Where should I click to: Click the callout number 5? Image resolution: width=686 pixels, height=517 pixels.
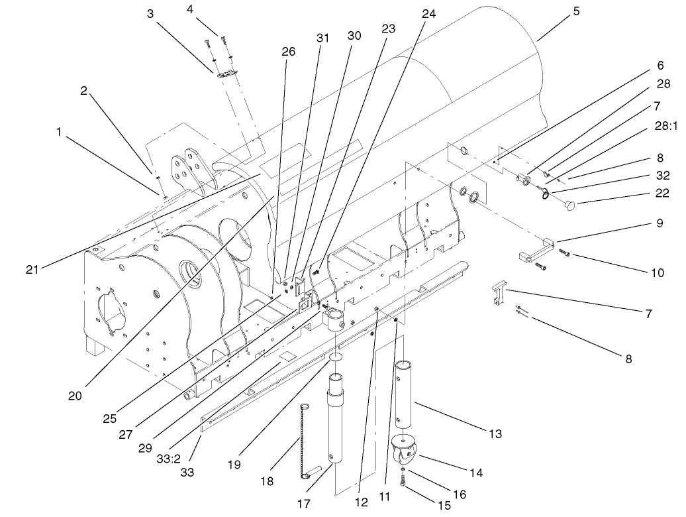coord(576,11)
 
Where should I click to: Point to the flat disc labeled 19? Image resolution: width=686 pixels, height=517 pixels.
coord(336,357)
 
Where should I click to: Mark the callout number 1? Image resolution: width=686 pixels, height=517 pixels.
coord(59,133)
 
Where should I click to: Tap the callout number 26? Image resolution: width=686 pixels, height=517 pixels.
coord(288,52)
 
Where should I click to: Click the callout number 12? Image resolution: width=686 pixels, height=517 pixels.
coord(361,503)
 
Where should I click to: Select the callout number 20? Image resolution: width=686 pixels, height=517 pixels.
coord(74,396)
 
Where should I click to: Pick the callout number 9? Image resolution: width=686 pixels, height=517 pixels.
coord(660,223)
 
